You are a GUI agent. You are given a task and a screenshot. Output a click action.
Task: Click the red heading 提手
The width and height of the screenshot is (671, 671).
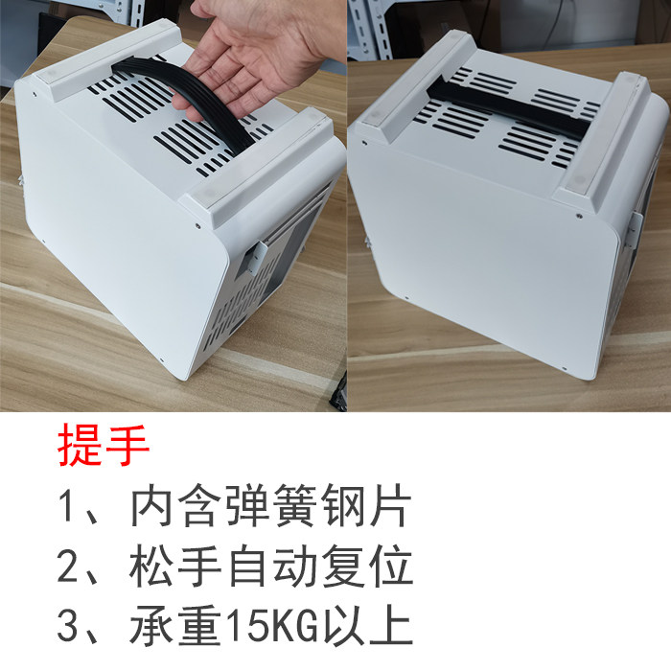click(104, 448)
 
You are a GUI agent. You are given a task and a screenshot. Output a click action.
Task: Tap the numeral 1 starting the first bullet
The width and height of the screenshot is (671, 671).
click(70, 508)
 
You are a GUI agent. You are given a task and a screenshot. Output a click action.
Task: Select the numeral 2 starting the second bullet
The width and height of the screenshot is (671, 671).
click(70, 567)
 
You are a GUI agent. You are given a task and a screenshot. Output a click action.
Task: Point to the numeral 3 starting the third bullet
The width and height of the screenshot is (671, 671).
click(70, 628)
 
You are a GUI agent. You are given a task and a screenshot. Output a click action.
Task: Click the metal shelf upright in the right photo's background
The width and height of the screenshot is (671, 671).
click(362, 34)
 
